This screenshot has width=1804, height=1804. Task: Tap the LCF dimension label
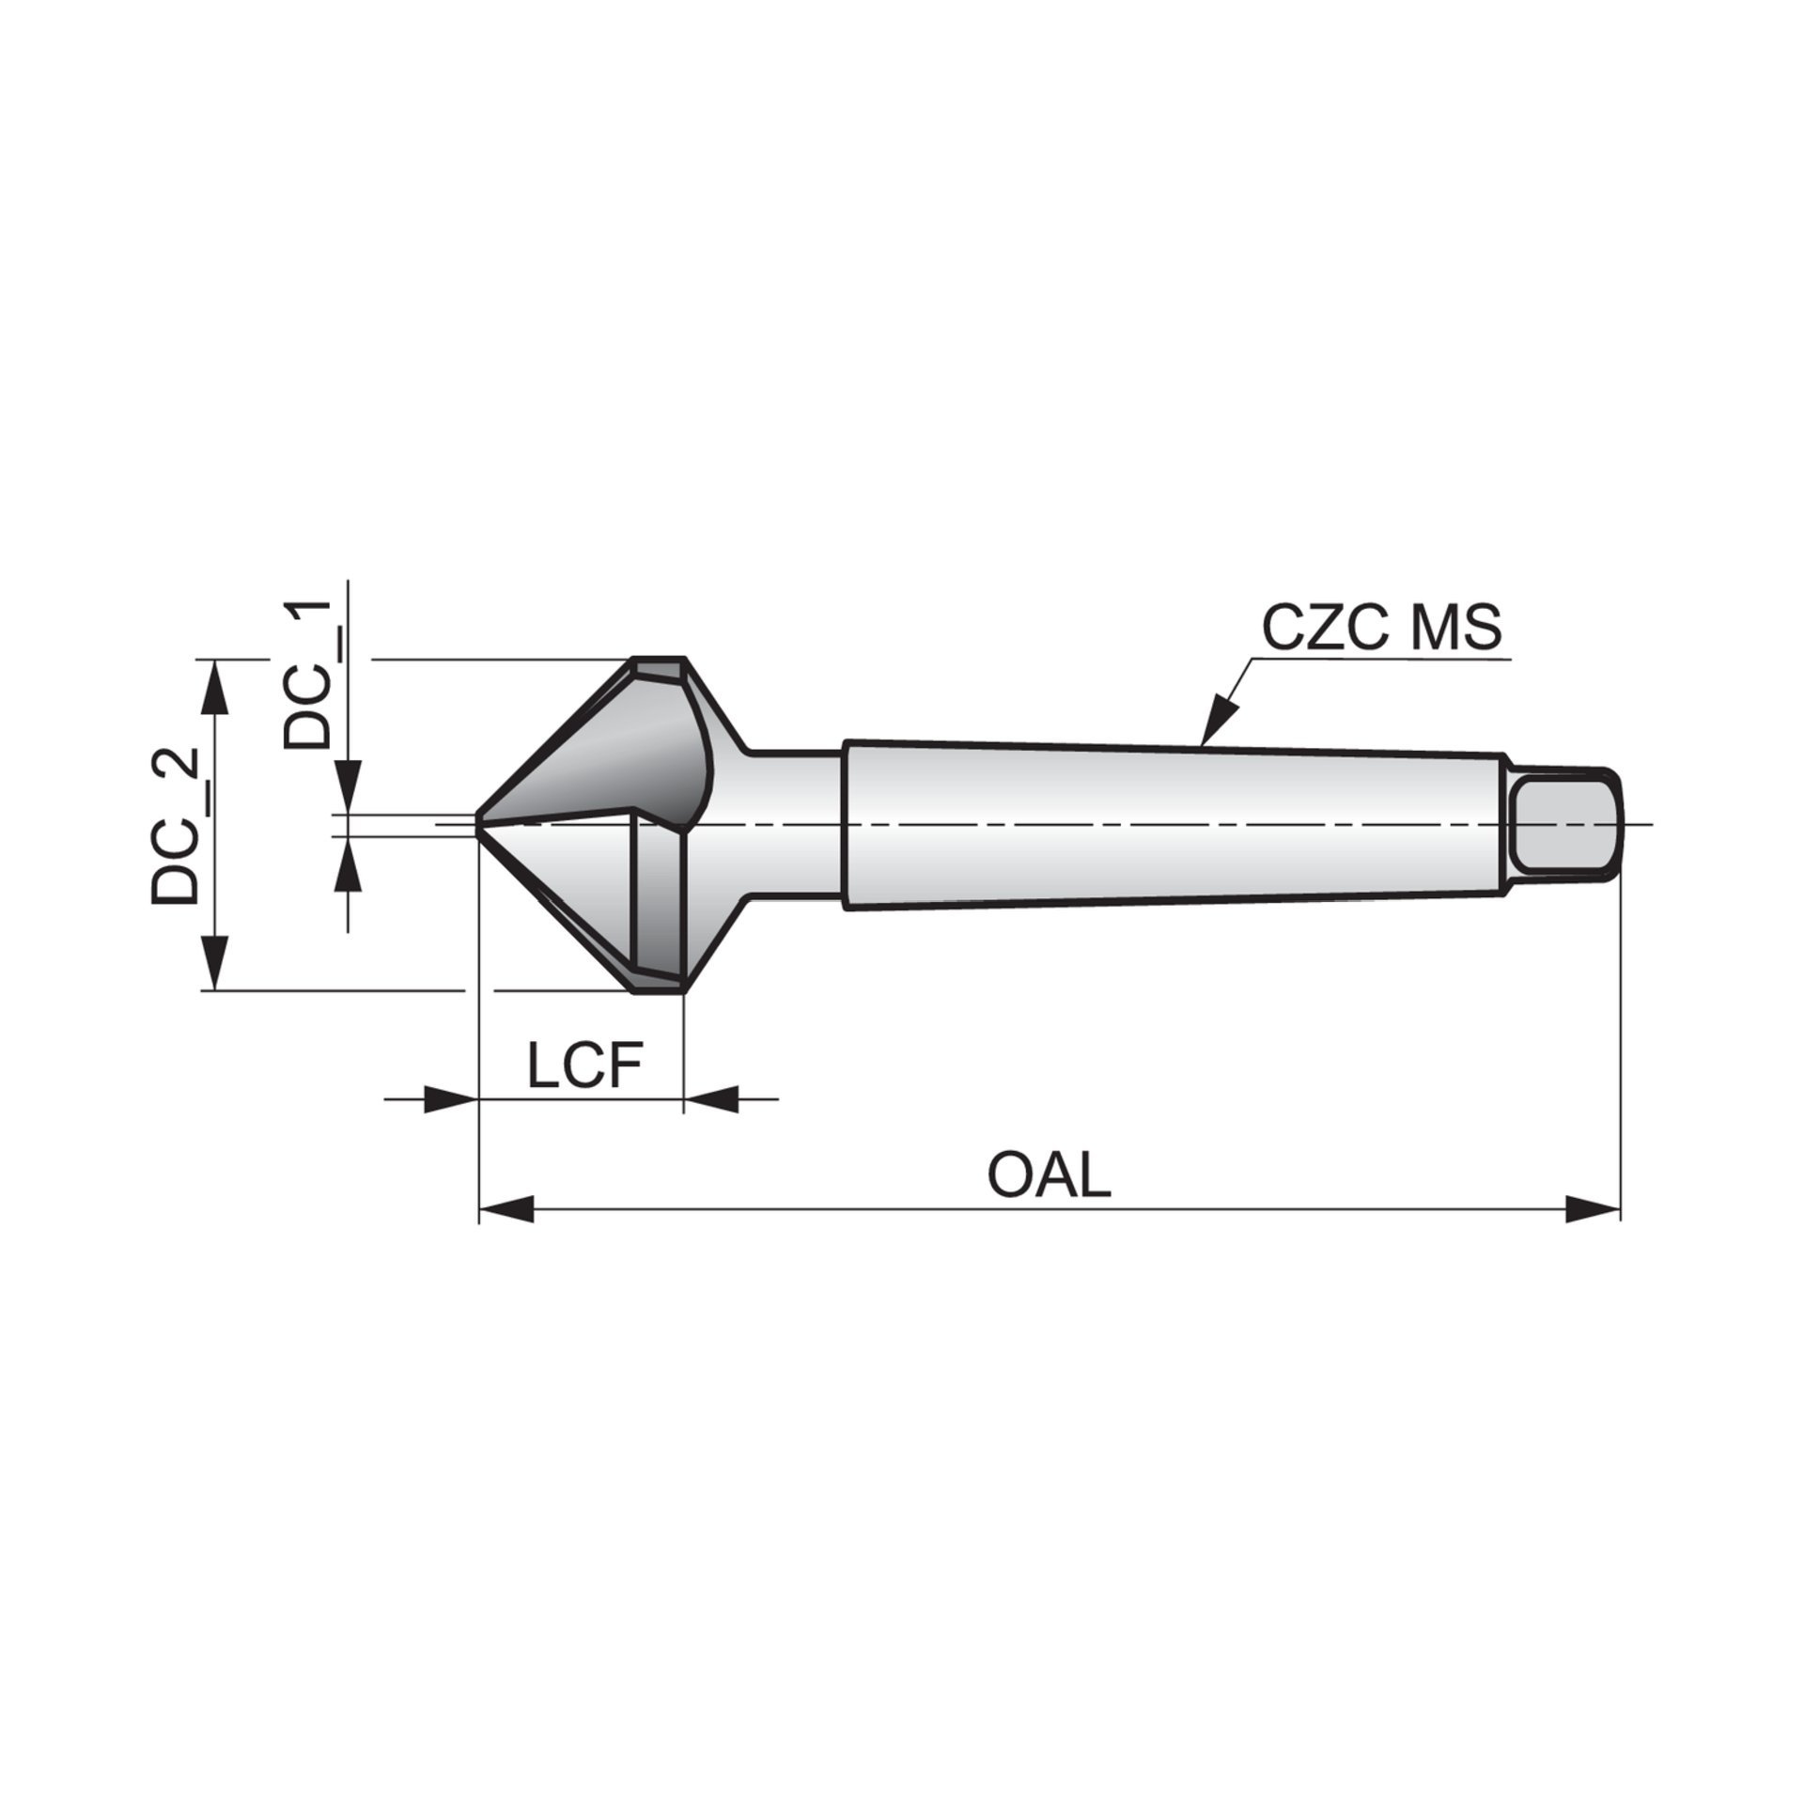click(584, 1065)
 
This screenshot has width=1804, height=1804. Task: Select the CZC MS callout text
click(1381, 628)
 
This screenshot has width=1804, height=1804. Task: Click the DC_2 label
click(176, 827)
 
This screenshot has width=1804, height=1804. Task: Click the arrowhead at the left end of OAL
click(506, 1209)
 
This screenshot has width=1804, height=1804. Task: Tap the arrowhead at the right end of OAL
click(1594, 1209)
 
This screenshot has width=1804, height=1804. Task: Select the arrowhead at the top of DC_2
click(215, 687)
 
